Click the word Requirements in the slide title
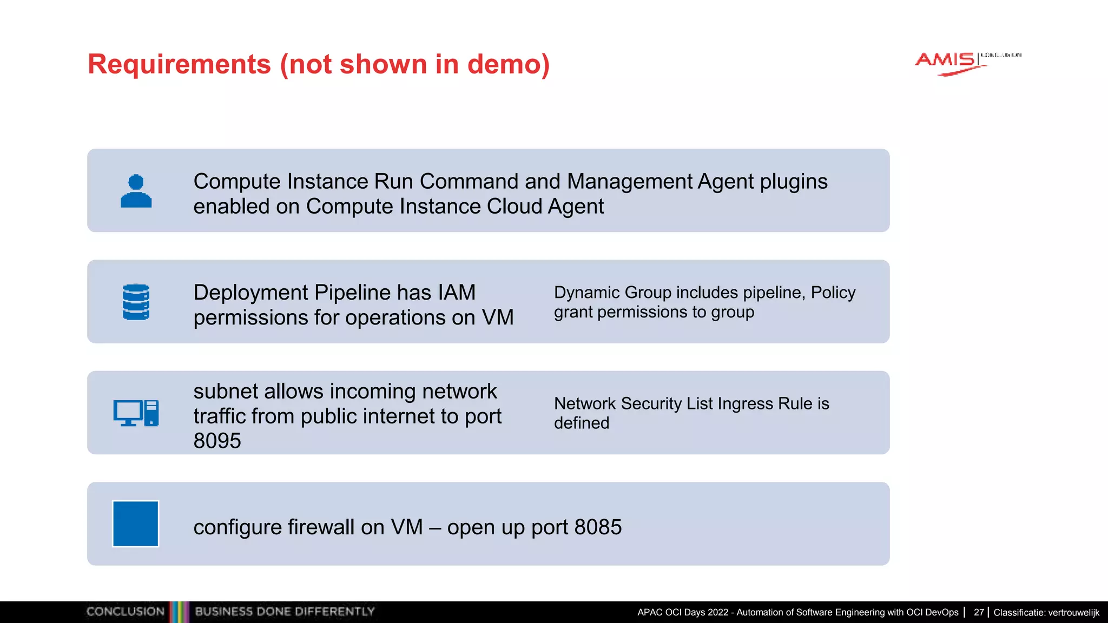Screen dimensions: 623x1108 pos(179,64)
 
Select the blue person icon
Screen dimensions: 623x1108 pos(136,191)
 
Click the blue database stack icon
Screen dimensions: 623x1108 pos(136,302)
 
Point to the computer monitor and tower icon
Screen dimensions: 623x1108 pos(136,413)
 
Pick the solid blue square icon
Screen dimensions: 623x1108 pos(135,523)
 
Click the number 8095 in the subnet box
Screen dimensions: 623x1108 pos(217,441)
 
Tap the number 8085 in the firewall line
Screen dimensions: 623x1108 pos(598,527)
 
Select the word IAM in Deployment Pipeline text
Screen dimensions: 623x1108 pos(457,293)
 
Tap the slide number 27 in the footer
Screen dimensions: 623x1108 pos(979,612)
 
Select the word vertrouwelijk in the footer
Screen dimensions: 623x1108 pos(1072,613)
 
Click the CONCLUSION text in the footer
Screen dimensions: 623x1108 pos(125,612)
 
